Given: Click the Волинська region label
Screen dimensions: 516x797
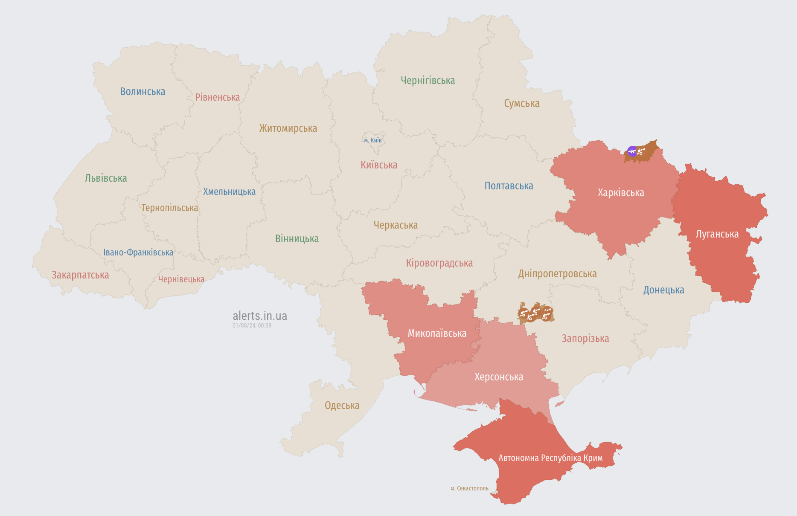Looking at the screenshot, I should (143, 92).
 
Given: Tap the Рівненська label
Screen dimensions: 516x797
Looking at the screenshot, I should (218, 97).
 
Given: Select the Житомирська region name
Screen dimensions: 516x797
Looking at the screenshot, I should (288, 128).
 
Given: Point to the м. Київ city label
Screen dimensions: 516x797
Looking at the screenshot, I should (373, 140).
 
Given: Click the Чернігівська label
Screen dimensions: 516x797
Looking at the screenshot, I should (428, 80).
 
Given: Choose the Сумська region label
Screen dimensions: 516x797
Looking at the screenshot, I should (521, 103).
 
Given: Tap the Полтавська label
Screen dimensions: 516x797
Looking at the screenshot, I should (509, 186).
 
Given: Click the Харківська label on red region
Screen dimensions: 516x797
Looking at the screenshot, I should (621, 193).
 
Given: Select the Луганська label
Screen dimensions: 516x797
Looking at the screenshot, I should (717, 234).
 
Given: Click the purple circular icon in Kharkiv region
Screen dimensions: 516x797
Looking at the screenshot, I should (632, 151).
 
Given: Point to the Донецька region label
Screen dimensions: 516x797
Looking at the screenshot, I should (663, 290).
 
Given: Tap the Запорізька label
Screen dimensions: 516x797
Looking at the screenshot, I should (585, 339).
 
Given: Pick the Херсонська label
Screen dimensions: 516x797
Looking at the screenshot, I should (499, 377).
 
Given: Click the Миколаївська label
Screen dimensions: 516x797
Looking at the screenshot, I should (437, 333).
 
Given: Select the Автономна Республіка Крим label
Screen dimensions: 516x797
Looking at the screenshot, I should (550, 458).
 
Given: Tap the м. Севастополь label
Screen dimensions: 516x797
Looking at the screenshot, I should (469, 488).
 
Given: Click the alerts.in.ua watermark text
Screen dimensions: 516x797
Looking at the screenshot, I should (259, 316).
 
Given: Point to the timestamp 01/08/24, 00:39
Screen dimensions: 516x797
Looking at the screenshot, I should (252, 325).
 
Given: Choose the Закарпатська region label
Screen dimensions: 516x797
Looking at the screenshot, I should (80, 275).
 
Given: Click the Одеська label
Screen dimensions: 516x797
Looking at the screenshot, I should (342, 406).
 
